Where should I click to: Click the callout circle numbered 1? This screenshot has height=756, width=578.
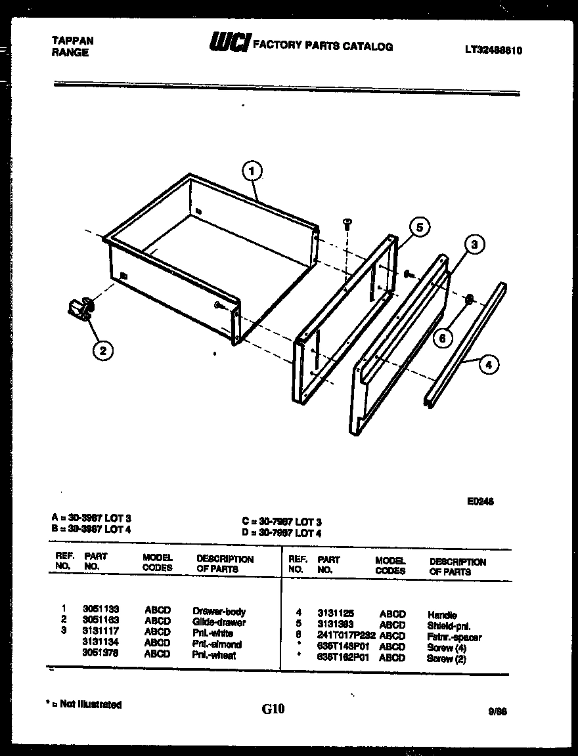(252, 172)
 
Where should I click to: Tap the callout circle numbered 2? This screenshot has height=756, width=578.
(102, 351)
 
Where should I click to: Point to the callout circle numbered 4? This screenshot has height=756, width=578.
(488, 364)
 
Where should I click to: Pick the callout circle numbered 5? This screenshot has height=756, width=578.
(419, 227)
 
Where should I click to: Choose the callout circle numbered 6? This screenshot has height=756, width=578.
(443, 337)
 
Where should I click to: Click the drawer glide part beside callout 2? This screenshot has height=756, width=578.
(79, 308)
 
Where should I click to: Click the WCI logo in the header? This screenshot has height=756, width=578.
(228, 43)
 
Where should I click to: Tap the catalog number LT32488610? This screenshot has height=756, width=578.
(493, 49)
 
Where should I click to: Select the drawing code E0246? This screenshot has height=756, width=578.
(480, 501)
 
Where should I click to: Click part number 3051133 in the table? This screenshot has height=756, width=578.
(101, 609)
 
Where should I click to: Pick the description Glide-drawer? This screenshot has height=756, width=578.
(219, 621)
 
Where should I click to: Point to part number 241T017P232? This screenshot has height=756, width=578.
(345, 637)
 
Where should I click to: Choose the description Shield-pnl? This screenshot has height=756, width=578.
(449, 625)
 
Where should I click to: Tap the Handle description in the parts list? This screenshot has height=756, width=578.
(441, 615)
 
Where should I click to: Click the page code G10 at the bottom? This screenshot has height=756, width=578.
(273, 709)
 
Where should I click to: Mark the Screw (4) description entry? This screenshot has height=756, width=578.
(446, 648)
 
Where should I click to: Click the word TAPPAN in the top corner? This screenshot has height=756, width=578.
(72, 41)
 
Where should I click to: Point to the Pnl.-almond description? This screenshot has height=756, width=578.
(217, 644)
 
